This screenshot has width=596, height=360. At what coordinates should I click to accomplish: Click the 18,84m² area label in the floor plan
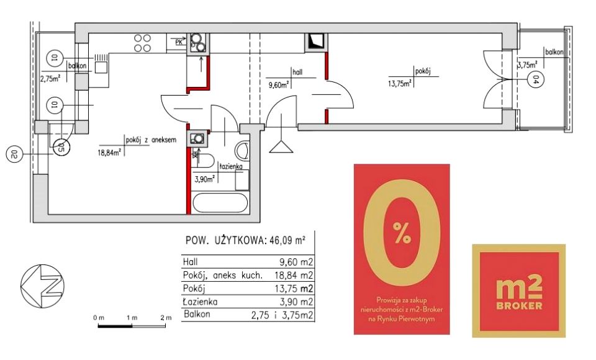coord(110,152)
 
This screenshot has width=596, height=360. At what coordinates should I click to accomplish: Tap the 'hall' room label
coord(297,72)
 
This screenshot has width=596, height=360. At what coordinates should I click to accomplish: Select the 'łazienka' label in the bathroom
coord(230,166)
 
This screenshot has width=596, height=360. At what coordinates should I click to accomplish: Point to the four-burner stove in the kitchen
coord(142,43)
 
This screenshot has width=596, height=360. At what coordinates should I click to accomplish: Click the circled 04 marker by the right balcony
coord(536,80)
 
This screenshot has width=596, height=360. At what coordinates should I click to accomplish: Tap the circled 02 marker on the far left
coord(14,155)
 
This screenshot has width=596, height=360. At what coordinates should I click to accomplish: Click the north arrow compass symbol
coord(42,286)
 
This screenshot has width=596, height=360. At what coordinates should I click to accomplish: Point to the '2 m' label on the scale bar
coord(166,318)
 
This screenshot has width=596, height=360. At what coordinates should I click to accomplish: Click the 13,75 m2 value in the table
coord(294,289)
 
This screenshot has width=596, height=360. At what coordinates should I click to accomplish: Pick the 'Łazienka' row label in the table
coord(200,302)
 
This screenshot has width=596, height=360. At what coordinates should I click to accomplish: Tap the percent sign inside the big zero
coord(402,233)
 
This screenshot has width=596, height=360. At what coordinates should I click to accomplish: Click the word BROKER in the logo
coord(519,305)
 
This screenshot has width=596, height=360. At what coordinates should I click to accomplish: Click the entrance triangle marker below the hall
coord(281,146)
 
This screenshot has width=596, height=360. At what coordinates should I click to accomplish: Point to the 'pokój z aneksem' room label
coord(151,140)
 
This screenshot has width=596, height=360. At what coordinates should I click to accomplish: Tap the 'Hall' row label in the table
coord(190,262)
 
